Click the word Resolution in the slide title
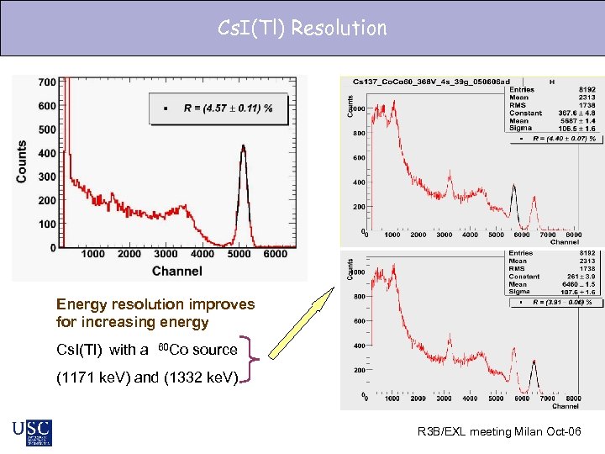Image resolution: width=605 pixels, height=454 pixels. pos(339,28)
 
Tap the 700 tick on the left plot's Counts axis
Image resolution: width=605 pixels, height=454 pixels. pos(46,82)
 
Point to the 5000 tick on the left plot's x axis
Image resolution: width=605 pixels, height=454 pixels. pos(239,254)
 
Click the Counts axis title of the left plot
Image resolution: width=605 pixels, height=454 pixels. pos(22,161)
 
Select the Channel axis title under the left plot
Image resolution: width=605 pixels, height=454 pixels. pos(176,271)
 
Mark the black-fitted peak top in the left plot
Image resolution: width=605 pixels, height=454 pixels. pos(244,146)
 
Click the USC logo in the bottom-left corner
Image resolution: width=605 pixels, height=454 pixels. pos(32,432)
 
